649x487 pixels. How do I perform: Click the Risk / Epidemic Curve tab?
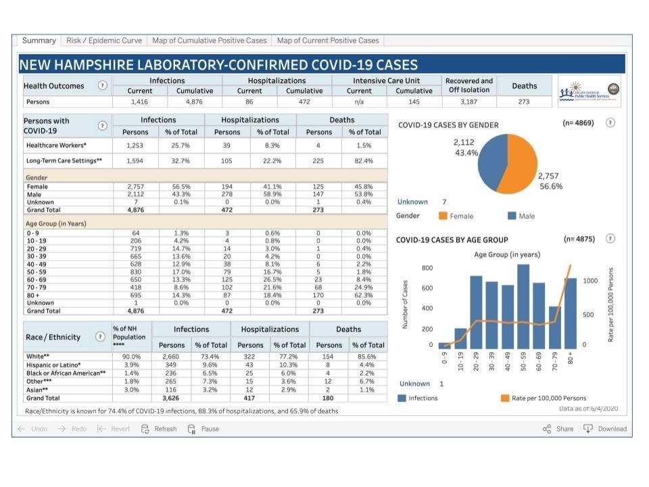point(104,41)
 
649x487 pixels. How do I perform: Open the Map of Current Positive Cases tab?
point(328,41)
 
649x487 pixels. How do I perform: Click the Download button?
point(605,429)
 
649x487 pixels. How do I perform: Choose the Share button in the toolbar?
point(558,429)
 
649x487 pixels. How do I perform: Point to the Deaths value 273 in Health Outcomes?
point(524,102)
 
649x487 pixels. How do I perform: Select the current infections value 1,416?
point(140,102)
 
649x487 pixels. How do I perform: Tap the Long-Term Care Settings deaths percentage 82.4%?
point(365,161)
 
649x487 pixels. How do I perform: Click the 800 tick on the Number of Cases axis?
point(427,268)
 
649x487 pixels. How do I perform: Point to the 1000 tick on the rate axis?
point(591,280)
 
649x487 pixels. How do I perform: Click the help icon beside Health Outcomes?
point(102,86)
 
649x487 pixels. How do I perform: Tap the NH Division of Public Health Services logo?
point(587,91)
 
